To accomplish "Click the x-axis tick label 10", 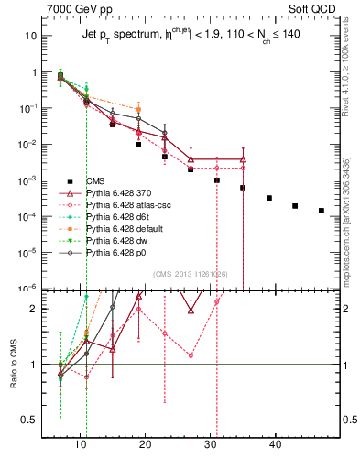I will click(82, 444).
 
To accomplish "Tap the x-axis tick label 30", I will click(212, 444).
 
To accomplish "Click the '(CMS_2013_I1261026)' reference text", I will click(190, 274).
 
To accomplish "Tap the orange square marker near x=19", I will click(138, 109).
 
